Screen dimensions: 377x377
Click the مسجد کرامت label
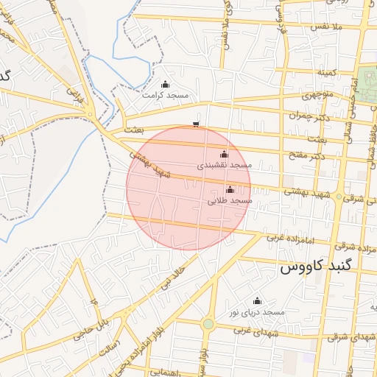click(166, 96)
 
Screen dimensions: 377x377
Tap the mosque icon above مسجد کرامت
click(165, 84)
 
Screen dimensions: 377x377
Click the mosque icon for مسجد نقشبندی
click(225, 155)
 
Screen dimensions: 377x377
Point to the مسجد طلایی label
click(230, 200)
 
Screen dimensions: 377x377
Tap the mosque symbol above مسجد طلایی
click(230, 189)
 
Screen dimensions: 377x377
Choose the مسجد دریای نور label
click(257, 312)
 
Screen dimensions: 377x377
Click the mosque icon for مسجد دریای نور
click(257, 300)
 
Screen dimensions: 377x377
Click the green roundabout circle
click(208, 324)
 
